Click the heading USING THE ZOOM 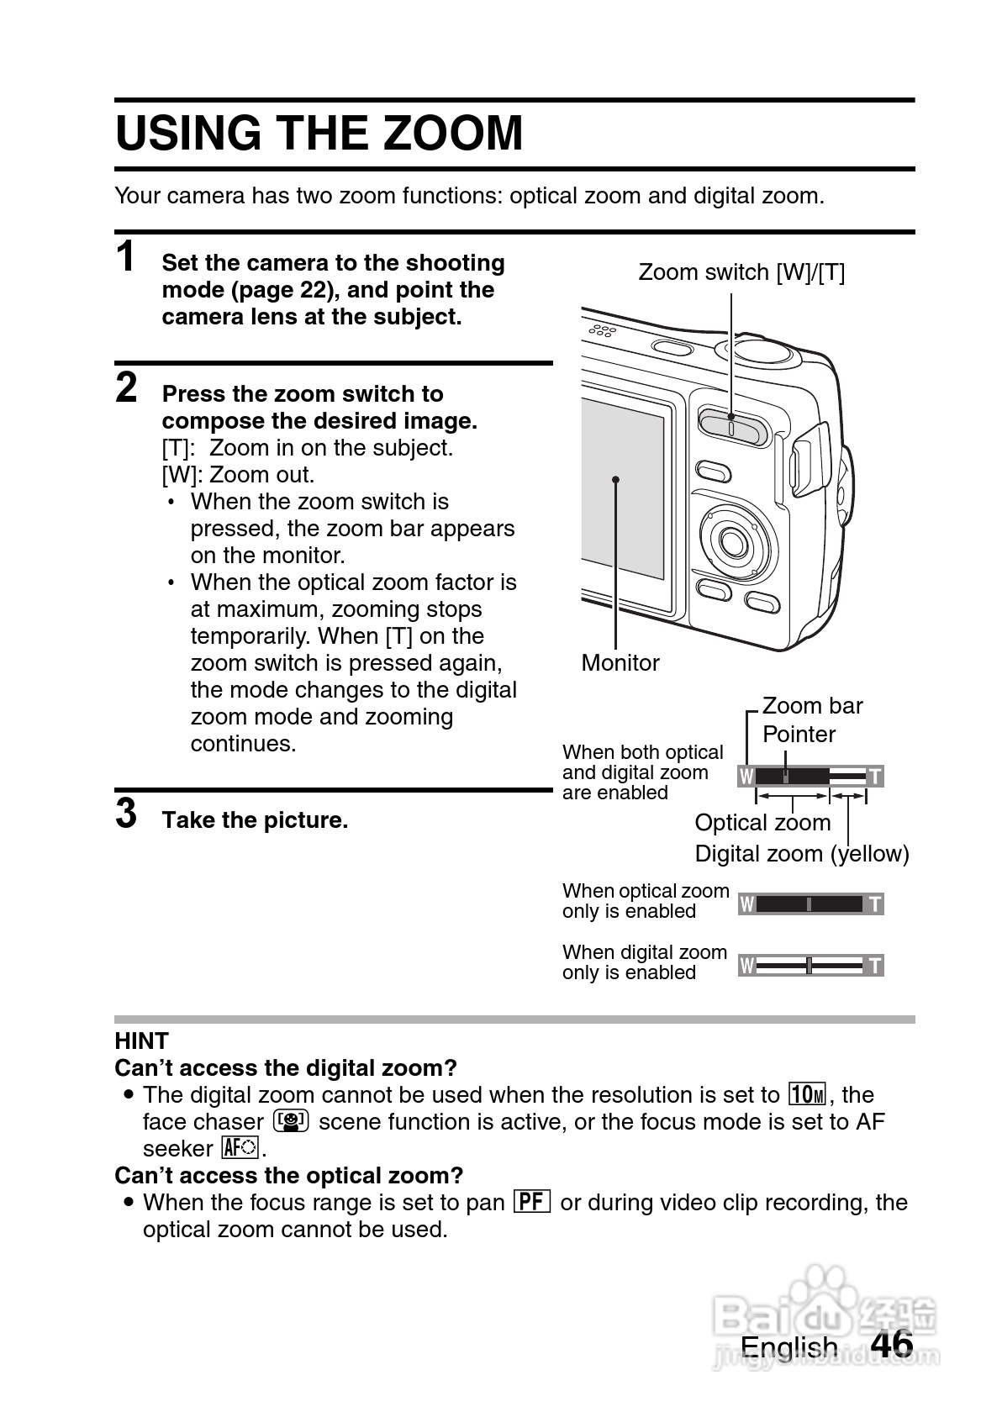tap(319, 134)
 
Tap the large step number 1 tap(126, 257)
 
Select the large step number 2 tap(126, 388)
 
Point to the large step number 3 tap(126, 814)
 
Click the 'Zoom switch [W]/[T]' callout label tap(741, 272)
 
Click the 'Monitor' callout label tap(620, 663)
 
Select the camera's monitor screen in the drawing tap(622, 504)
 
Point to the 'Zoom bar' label tap(812, 706)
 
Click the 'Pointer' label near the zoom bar tap(799, 735)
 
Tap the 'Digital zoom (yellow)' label tap(802, 854)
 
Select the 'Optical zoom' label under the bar tap(762, 823)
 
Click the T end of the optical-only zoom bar tap(875, 904)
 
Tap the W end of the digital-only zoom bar tap(746, 966)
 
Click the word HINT tap(142, 1041)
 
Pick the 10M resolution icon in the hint tap(808, 1094)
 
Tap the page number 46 tap(892, 1343)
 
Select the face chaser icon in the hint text tap(292, 1121)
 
